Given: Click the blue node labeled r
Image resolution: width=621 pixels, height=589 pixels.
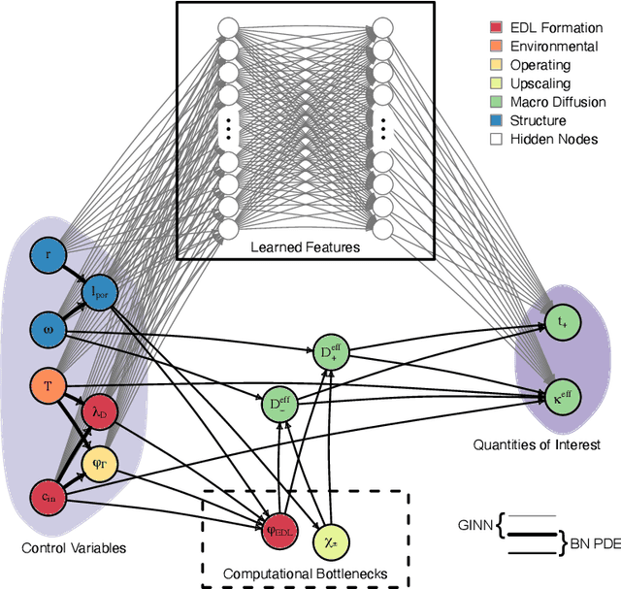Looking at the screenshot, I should [x=48, y=255].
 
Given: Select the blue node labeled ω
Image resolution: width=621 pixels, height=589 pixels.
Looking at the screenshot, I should [x=48, y=327].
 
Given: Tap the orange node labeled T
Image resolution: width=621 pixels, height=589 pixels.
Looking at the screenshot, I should [x=48, y=385].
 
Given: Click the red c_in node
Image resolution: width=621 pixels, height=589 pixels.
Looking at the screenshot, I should [x=48, y=498].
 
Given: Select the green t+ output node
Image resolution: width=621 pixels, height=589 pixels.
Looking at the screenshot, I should [x=559, y=320].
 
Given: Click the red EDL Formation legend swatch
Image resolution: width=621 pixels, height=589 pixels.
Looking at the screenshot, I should [x=496, y=27].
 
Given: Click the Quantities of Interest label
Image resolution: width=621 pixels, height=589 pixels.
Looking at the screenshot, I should [x=537, y=444].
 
